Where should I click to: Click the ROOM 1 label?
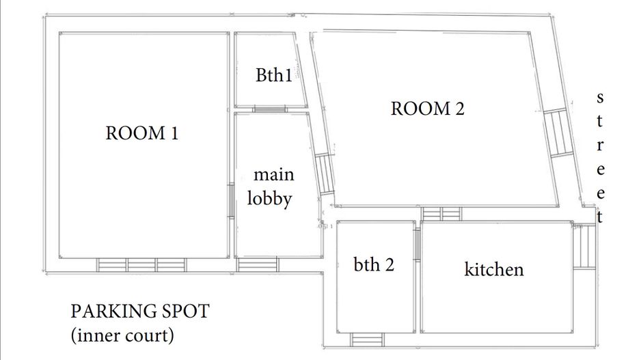tap(141, 133)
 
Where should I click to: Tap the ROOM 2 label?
tap(427, 108)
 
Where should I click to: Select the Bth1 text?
tap(273, 75)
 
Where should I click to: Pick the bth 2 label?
tap(374, 264)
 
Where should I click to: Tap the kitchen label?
tap(494, 269)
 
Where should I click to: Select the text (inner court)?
tap(122, 335)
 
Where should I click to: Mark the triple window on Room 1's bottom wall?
tap(141, 264)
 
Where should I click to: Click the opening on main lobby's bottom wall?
tap(258, 264)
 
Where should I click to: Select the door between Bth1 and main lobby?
tap(271, 109)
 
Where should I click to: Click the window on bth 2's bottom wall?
tap(367, 339)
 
